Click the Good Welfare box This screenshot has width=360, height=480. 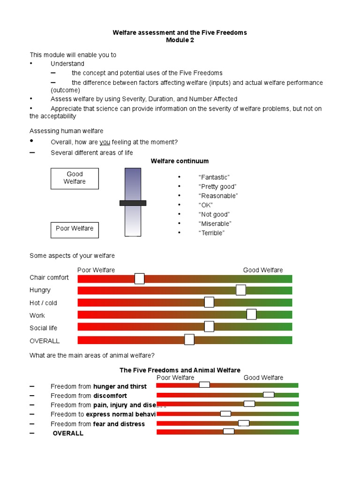tap(75, 178)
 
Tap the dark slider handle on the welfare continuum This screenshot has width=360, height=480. tap(133, 203)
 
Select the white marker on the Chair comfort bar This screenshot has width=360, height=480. tap(139, 278)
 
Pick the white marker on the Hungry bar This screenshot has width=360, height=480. tap(241, 290)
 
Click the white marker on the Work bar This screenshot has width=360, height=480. tap(251, 314)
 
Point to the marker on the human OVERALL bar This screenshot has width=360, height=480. tap(189, 339)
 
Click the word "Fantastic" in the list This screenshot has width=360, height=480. tap(214, 177)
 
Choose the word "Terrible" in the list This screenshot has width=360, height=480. tap(211, 233)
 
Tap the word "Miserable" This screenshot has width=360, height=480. tap(215, 224)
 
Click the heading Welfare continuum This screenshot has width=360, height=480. tap(180, 161)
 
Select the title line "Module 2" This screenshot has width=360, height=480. tap(180, 40)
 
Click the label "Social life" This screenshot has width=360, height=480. tap(43, 328)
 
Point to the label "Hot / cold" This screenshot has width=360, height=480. tap(43, 303)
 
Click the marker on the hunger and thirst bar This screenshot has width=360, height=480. tap(204, 385)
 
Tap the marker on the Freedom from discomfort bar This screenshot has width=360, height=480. tap(269, 395)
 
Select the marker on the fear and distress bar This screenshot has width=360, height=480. tap(244, 423)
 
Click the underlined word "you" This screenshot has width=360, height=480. tap(105, 142)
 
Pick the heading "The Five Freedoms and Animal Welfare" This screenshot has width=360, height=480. tap(180, 370)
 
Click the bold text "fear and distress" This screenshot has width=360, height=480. tap(119, 424)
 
